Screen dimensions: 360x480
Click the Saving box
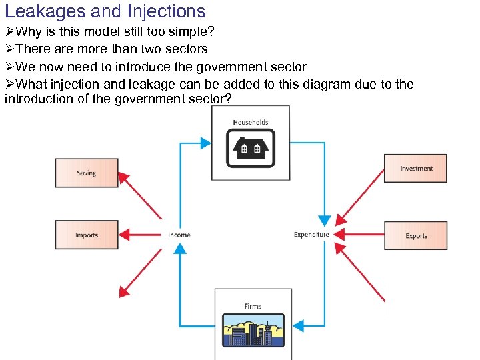coord(87,173)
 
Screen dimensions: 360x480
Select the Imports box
coord(87,235)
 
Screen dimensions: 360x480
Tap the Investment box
coord(416,168)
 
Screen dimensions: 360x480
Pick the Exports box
coord(416,235)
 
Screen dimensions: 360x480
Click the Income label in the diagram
coord(179,235)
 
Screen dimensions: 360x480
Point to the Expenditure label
coord(311,234)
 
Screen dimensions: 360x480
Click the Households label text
coord(251,122)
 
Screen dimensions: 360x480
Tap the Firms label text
coord(253,306)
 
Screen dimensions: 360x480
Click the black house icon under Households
coord(251,148)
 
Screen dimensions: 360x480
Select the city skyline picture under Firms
coord(253,330)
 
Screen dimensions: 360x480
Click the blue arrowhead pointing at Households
coord(205,143)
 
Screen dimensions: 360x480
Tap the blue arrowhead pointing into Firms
coord(299,326)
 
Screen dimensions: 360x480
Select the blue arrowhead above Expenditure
coord(324,220)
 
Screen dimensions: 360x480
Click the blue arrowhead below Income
coord(179,249)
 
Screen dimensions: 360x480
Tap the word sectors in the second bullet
coord(186,49)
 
